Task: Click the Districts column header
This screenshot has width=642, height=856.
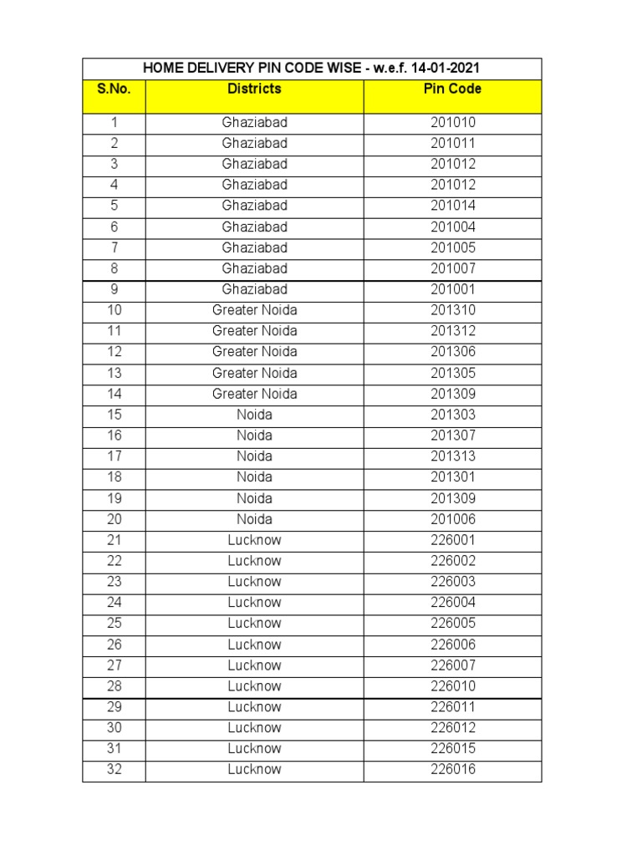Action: (x=254, y=89)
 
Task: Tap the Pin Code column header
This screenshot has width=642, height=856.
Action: (x=452, y=89)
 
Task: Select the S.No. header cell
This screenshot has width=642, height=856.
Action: (x=114, y=89)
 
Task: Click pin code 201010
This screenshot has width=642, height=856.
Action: (x=452, y=122)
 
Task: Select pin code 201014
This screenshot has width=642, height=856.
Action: (x=452, y=206)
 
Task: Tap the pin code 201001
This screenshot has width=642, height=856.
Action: (x=452, y=289)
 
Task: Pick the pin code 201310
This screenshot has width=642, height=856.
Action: (x=452, y=310)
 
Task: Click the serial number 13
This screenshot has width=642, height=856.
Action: (x=114, y=373)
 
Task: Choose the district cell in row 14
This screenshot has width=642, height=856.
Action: (x=254, y=394)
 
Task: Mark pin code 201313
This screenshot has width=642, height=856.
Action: (x=452, y=456)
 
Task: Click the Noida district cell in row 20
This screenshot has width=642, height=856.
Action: (x=254, y=519)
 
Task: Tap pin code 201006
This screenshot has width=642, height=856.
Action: (x=452, y=519)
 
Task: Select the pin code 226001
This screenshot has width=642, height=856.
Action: (x=452, y=540)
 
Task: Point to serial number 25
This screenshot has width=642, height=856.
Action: (x=114, y=624)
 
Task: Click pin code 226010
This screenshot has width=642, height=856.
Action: (x=452, y=686)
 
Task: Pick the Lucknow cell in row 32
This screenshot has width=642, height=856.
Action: (x=254, y=769)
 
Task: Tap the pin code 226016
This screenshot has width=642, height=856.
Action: (x=452, y=769)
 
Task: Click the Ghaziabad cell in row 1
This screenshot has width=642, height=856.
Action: (x=254, y=122)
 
